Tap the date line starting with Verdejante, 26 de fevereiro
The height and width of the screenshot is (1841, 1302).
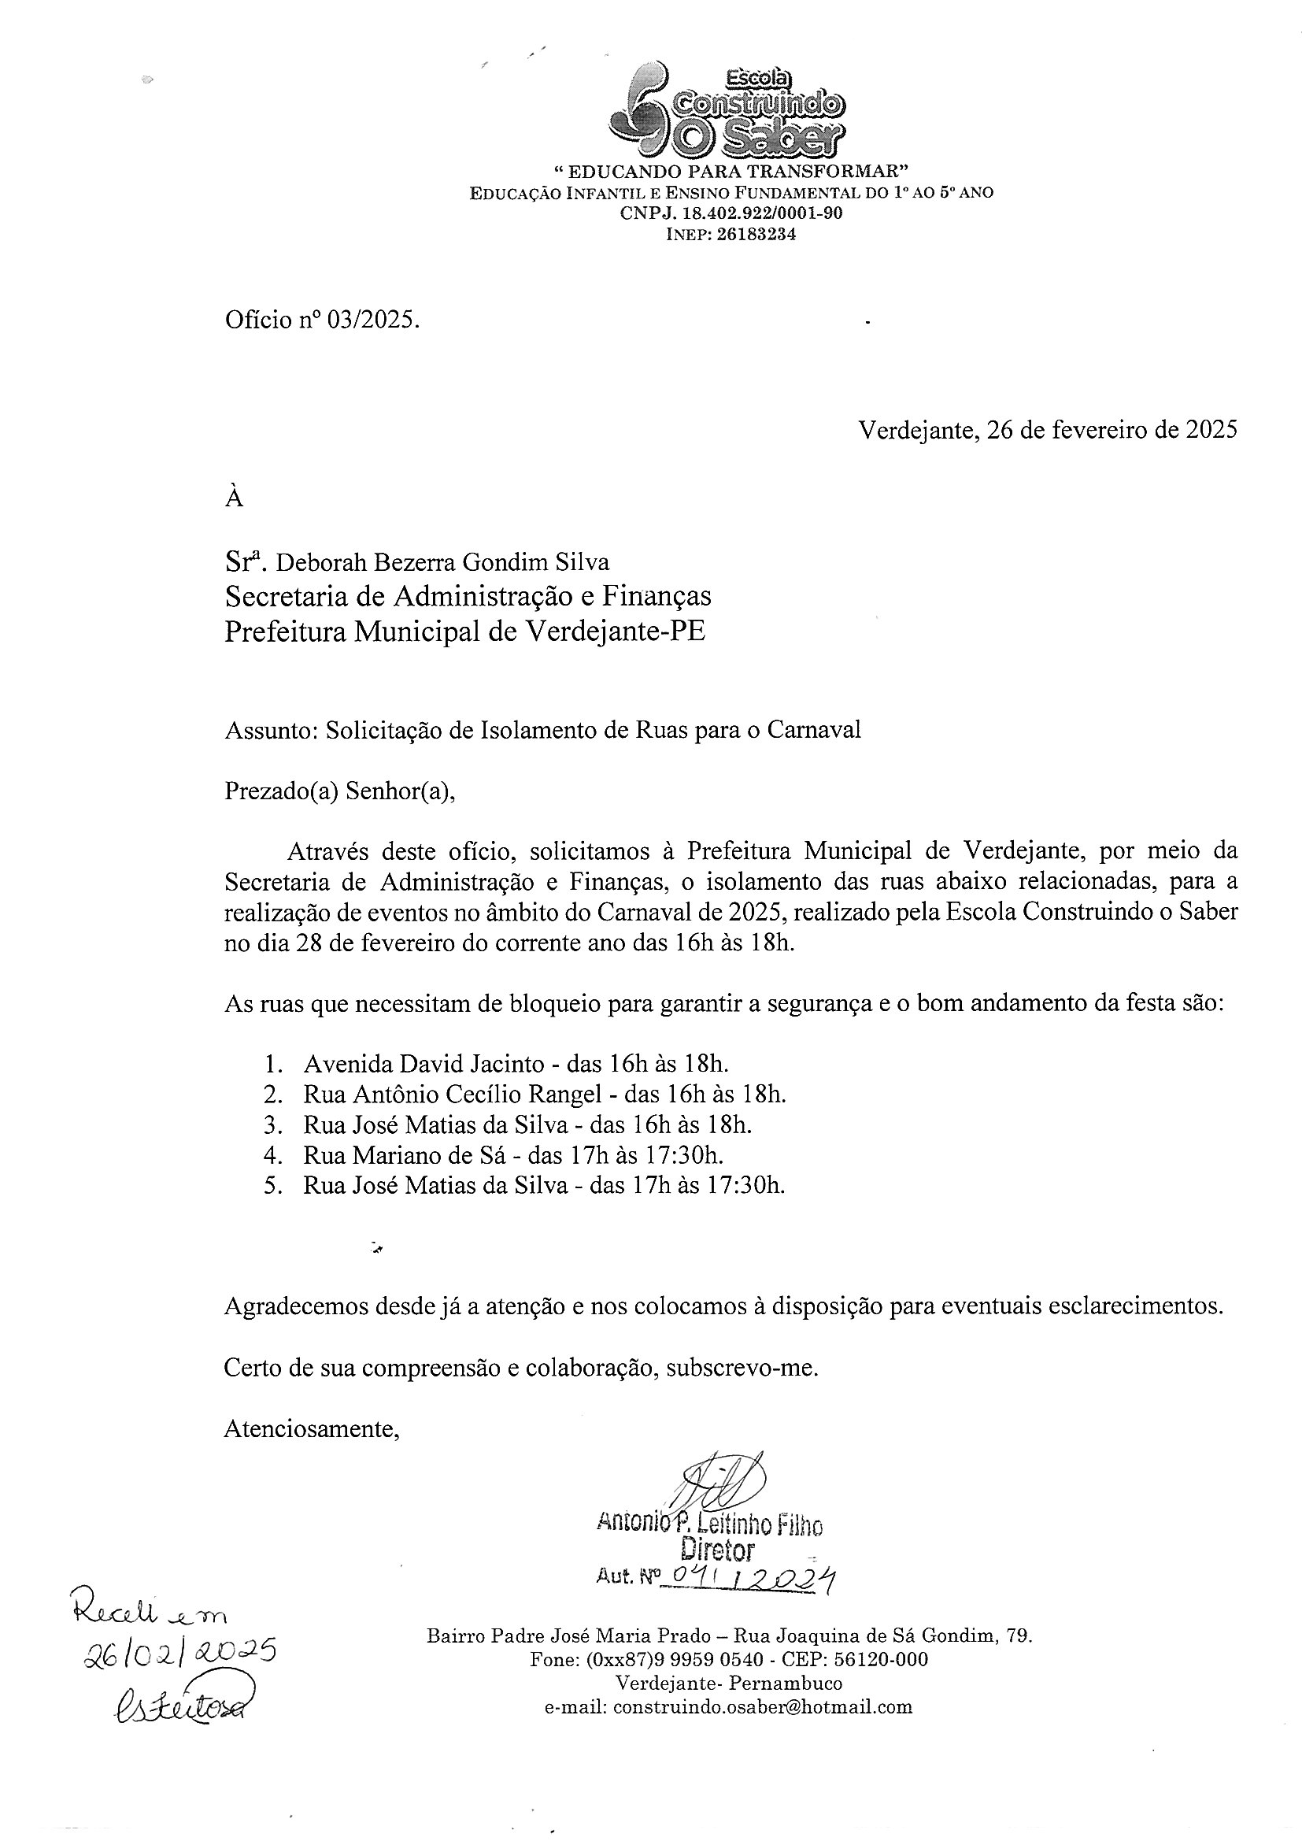pyautogui.click(x=1047, y=430)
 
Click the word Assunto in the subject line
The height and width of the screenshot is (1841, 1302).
pyautogui.click(x=270, y=731)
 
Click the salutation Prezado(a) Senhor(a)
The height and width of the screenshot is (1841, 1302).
pyautogui.click(x=340, y=791)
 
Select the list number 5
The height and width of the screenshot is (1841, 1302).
pyautogui.click(x=272, y=1185)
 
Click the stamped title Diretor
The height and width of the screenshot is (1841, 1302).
pyautogui.click(x=718, y=1550)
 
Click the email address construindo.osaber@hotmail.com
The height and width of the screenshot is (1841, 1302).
pyautogui.click(x=762, y=1707)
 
